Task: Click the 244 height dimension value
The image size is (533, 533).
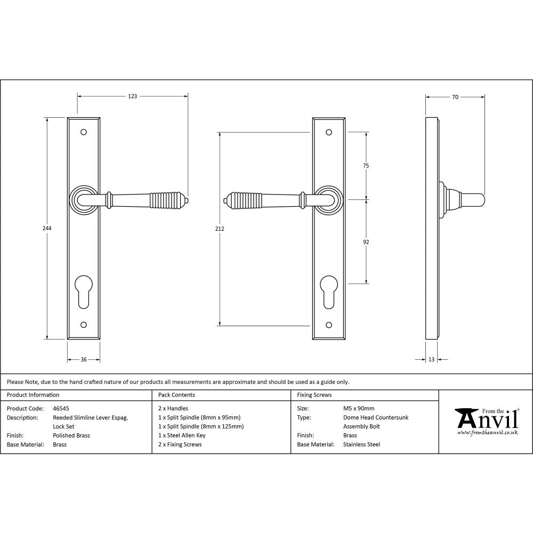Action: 47,228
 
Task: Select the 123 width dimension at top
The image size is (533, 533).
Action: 133,96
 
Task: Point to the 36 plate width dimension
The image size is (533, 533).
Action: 84,360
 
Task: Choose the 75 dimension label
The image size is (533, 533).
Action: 366,166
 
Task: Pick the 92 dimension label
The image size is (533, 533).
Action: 366,242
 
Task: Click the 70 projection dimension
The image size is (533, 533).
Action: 455,97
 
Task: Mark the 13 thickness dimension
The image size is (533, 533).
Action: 431,360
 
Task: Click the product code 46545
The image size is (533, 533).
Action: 61,409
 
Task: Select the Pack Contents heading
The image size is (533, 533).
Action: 176,395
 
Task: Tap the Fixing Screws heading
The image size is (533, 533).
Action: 314,395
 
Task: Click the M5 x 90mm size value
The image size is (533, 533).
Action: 359,409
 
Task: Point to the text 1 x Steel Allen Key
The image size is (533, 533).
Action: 182,435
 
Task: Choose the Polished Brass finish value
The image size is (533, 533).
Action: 71,435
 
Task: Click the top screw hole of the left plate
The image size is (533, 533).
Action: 84,132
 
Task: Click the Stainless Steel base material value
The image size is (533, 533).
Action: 361,445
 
